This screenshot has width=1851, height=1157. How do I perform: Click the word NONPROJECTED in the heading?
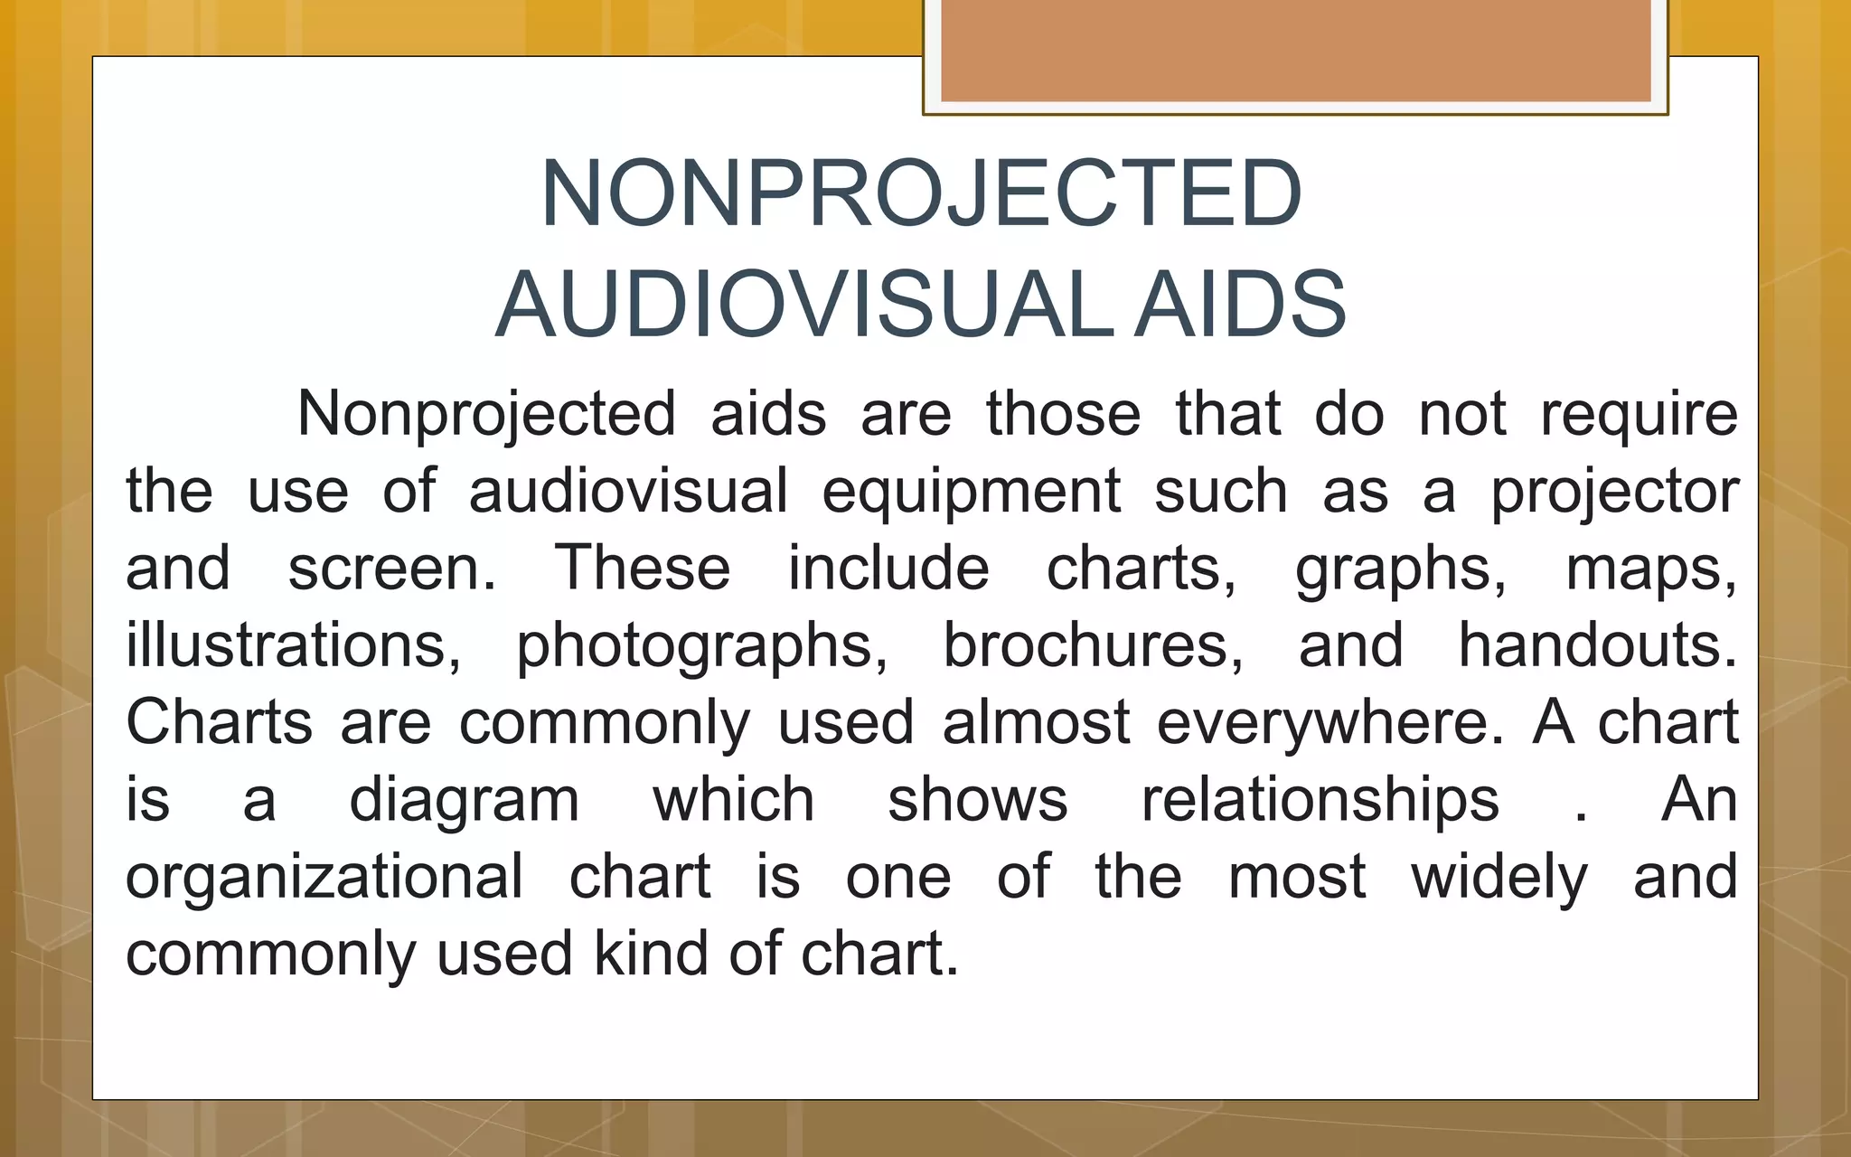tap(920, 193)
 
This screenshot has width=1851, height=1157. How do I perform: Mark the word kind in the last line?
tap(651, 954)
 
